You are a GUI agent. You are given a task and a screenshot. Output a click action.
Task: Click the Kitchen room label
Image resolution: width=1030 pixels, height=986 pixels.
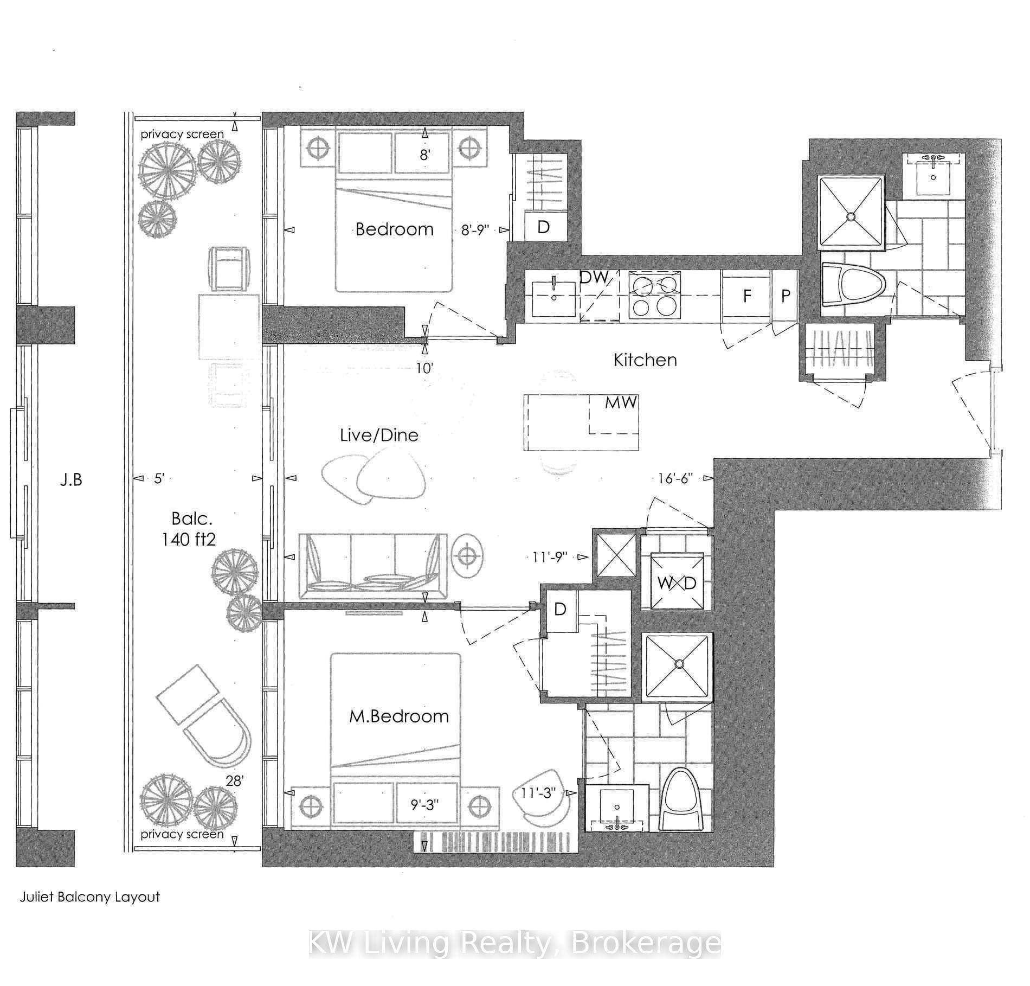(645, 360)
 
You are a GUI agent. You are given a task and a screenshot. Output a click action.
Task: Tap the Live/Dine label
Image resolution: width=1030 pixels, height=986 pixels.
(379, 435)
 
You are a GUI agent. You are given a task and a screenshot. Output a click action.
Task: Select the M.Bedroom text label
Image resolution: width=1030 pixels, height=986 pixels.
(399, 716)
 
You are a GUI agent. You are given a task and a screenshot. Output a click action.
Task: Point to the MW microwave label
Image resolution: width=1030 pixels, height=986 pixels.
(621, 402)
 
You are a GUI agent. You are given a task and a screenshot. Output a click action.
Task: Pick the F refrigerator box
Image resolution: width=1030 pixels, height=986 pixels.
(746, 296)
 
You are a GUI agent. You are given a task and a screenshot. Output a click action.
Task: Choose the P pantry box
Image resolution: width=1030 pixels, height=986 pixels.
(785, 296)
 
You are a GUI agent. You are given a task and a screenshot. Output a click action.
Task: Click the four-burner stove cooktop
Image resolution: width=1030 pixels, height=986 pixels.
(654, 296)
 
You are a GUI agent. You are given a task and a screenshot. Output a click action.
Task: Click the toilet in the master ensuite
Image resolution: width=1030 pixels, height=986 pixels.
(683, 799)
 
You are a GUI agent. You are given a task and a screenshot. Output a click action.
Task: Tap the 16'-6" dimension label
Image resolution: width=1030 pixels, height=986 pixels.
(675, 478)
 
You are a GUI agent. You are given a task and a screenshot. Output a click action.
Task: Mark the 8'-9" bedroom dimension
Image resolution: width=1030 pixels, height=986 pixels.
(475, 230)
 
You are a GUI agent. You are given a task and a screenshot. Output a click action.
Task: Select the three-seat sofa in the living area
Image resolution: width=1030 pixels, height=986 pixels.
(373, 564)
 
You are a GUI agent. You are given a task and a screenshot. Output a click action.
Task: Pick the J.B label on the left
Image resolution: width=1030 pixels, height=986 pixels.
(71, 479)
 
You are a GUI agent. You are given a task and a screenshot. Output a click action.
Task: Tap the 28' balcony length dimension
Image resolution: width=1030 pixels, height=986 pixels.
(235, 781)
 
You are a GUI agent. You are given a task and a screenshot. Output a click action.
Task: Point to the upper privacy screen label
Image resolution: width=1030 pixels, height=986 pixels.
(182, 134)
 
